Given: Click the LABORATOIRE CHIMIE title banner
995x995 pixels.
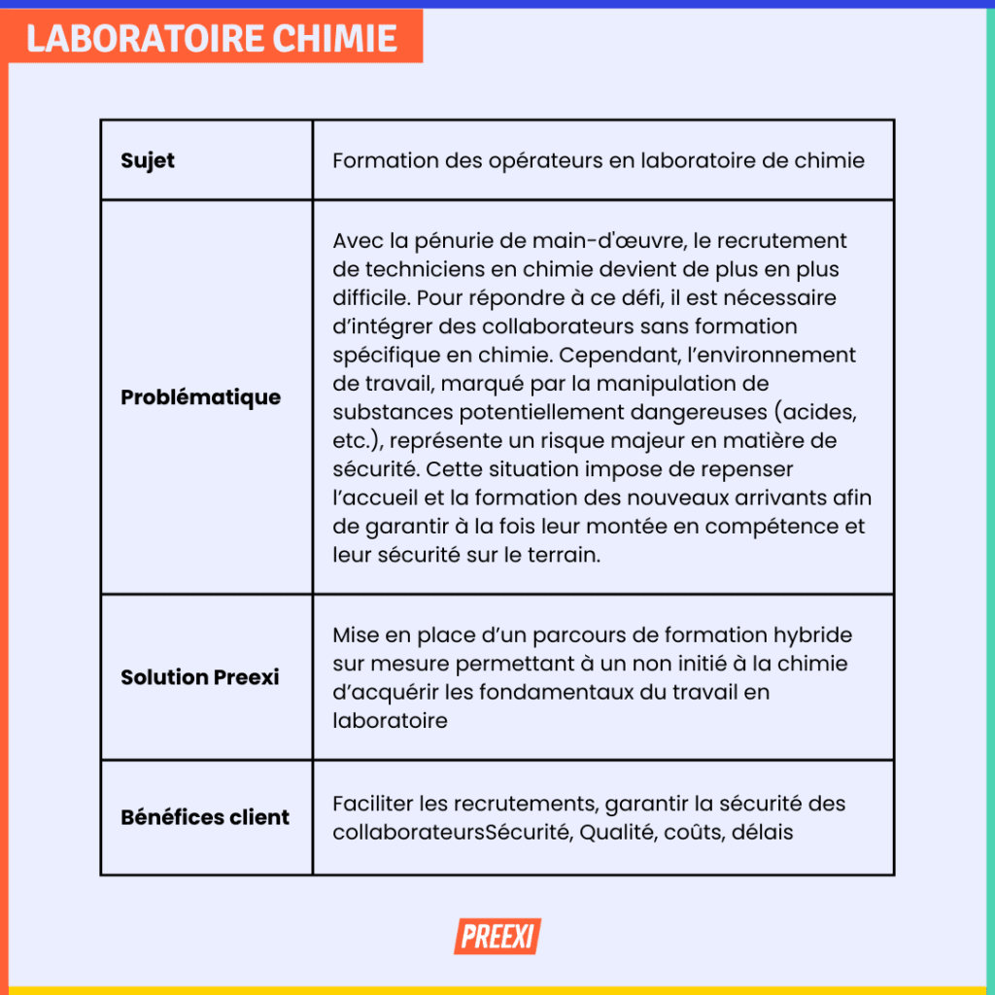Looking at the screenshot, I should pyautogui.click(x=212, y=37).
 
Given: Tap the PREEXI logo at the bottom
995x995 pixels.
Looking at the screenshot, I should pyautogui.click(x=497, y=937).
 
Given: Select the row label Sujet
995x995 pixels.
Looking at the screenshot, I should pyautogui.click(x=148, y=161).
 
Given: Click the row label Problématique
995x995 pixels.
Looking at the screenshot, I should pyautogui.click(x=200, y=397).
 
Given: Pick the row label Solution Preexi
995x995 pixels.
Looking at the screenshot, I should pyautogui.click(x=199, y=677).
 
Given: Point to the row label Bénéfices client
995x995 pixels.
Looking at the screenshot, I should pyautogui.click(x=205, y=817).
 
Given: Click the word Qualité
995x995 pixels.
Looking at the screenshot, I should pyautogui.click(x=617, y=833).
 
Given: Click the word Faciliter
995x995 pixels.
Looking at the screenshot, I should pyautogui.click(x=372, y=805).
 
